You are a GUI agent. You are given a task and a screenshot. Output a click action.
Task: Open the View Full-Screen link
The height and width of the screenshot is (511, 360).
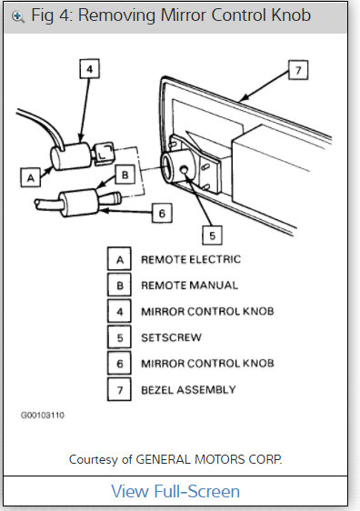point(175,492)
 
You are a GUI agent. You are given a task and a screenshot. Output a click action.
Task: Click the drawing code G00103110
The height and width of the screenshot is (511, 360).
point(42,415)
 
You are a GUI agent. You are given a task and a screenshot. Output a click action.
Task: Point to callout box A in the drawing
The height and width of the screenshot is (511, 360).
point(32,178)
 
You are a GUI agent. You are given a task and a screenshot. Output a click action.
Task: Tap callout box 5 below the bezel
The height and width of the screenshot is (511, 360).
point(211,235)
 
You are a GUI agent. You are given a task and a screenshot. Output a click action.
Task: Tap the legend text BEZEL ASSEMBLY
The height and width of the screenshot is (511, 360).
point(187,389)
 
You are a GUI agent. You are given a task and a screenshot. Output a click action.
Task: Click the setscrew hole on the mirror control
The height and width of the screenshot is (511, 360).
point(185,171)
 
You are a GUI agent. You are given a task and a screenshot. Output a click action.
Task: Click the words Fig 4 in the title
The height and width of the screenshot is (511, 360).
point(49,16)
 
